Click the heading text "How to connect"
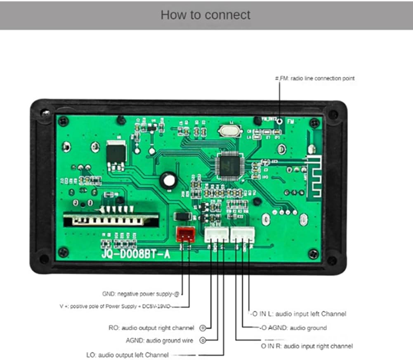205,15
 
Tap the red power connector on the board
185,235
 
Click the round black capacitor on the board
168,180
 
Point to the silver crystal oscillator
227,131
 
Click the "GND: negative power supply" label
141,294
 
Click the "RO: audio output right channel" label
151,328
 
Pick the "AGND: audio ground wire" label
159,341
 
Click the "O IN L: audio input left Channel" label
298,314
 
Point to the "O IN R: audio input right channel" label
307,346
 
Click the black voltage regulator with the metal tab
116,154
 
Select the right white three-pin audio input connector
243,235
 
